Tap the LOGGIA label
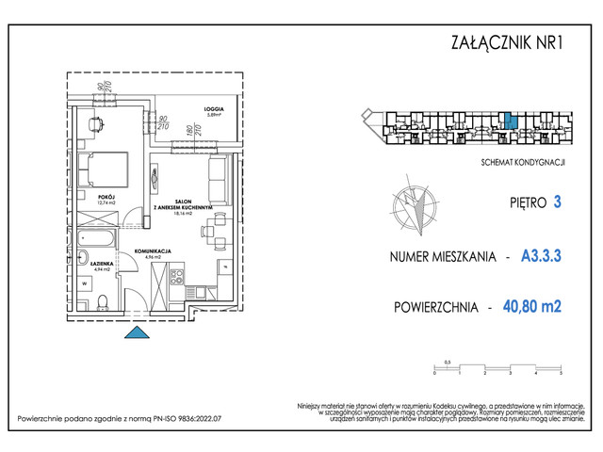coord(189,109)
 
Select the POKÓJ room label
coord(106,197)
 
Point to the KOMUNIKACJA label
coord(152,250)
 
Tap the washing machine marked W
coord(85,282)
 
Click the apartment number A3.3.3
coord(542,255)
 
